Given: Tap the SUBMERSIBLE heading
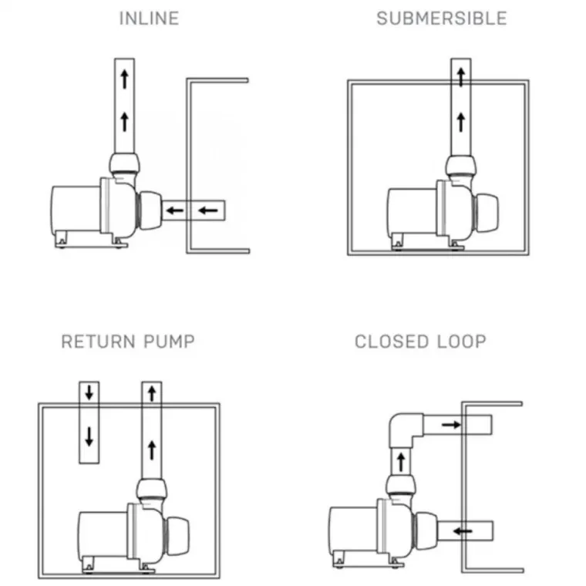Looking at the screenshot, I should pos(442,19).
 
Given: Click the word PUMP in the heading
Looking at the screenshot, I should pos(170,342).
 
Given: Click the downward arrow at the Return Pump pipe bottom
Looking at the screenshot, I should pos(89,436).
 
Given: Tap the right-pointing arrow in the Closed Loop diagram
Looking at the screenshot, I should pos(452,424).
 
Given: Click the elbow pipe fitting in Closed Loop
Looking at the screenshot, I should pos(405,427).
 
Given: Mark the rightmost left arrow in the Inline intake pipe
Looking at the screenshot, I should pos(206,209).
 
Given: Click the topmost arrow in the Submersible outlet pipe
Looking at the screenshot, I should pos(460,76).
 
